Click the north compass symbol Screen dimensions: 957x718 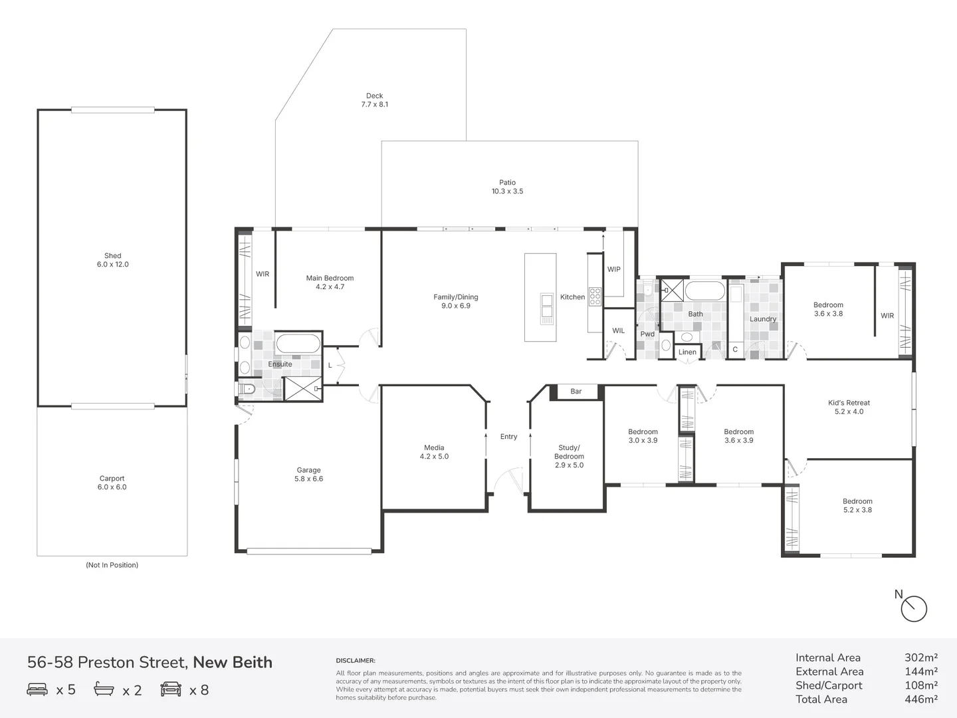pos(913,608)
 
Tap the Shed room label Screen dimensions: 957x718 pos(112,256)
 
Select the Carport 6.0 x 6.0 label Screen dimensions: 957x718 pos(112,483)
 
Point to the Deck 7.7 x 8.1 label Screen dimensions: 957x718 pos(375,100)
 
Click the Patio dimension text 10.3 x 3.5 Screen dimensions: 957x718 pos(508,191)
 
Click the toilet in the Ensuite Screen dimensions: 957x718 pos(247,388)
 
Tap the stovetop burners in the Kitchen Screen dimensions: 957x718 pos(595,297)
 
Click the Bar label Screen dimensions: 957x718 pos(576,391)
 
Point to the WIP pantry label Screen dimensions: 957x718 pos(614,269)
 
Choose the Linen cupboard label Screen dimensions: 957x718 pos(687,352)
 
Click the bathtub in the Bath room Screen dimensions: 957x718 pos(705,291)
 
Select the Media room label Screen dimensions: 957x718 pos(434,447)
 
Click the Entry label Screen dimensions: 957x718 pos(508,436)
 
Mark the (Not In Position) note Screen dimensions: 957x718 pos(112,565)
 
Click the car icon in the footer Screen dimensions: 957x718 pos(171,689)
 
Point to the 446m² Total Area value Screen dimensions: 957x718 pos(921,699)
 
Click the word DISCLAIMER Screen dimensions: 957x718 pos(356,660)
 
